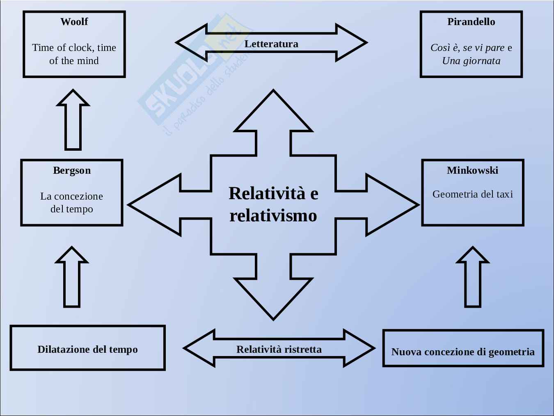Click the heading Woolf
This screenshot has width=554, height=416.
74,22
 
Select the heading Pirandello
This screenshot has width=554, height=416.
471,22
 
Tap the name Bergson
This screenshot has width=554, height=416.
72,170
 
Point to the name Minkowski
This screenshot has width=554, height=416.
472,170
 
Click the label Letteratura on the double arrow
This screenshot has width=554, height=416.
271,44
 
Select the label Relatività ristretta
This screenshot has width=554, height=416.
279,349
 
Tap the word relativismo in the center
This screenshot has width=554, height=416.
273,216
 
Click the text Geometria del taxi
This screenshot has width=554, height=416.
472,194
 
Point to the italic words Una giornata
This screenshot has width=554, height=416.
471,61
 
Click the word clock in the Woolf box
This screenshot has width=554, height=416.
81,48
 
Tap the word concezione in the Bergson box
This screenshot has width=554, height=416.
78,196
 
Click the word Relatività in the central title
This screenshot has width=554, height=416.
267,193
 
